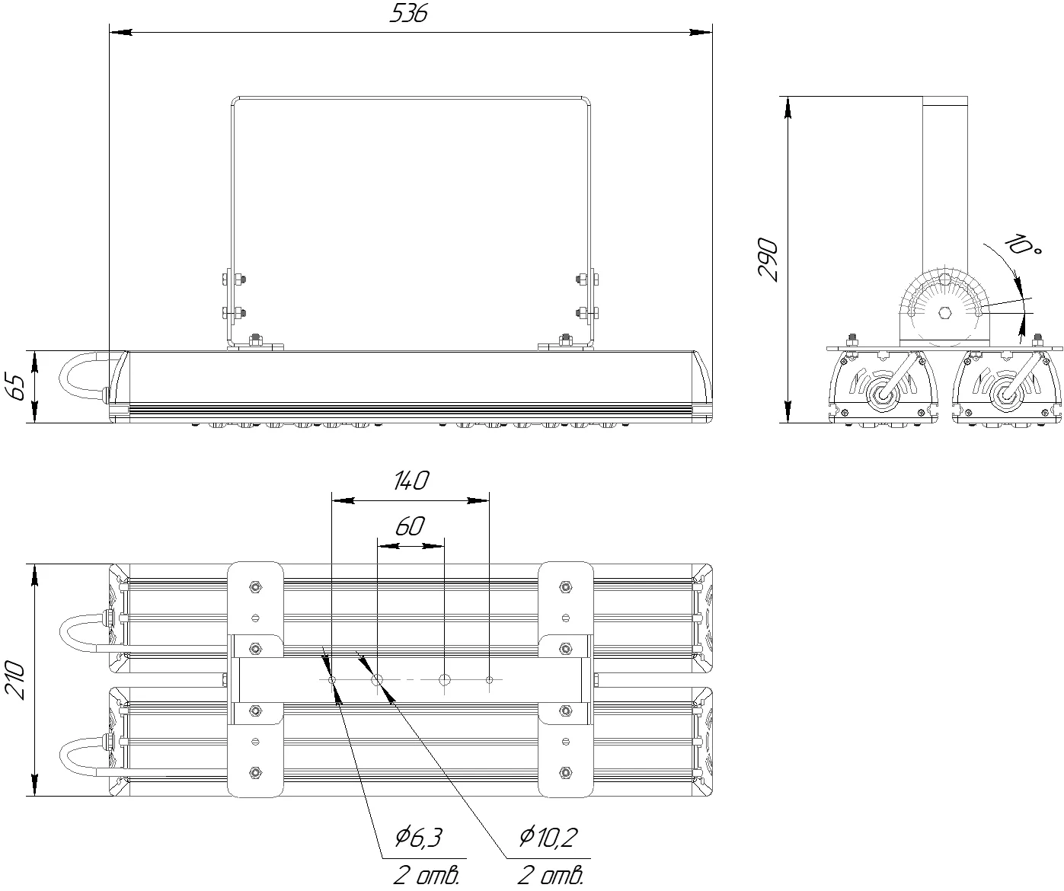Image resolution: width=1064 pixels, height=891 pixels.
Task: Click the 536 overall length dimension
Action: (x=408, y=14)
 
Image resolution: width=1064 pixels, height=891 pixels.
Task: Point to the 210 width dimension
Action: (x=14, y=681)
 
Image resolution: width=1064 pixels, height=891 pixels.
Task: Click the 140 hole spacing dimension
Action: (x=411, y=481)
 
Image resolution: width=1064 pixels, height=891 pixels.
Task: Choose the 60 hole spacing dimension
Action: (x=410, y=526)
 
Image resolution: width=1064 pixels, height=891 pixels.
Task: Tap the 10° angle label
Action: (x=1021, y=247)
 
